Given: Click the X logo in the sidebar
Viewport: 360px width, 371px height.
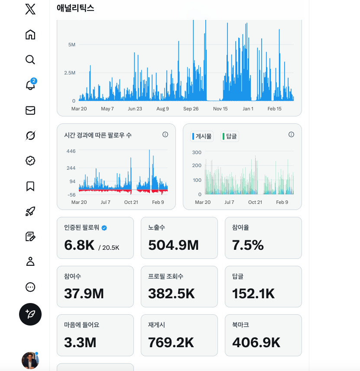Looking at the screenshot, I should tap(30, 10).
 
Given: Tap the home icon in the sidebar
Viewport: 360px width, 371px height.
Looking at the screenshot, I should tap(30, 35).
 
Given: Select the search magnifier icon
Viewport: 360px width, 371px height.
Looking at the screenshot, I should tap(30, 60).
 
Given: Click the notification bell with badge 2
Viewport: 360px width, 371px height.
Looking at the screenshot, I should tap(30, 85).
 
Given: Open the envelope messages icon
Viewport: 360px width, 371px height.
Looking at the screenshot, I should tap(30, 110).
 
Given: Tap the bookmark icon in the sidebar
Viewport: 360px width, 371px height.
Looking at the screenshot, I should tap(30, 186).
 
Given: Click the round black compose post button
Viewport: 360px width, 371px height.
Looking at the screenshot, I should tap(30, 314).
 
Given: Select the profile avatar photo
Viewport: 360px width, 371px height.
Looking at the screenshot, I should tap(30, 360).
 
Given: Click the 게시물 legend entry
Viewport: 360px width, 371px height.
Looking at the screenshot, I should tap(202, 136).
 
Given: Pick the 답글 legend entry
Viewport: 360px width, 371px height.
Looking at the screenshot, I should tap(230, 136).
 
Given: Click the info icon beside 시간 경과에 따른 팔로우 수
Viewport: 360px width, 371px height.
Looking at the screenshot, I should tap(165, 135).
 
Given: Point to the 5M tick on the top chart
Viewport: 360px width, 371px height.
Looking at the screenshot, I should tap(72, 45).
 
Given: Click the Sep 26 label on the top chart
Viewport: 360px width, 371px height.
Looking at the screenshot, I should tap(191, 109).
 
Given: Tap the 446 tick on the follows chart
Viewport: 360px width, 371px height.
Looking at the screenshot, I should tap(71, 151).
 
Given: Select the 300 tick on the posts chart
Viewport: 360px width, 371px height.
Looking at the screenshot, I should tap(197, 152).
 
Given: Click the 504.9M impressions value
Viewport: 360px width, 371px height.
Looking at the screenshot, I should tap(173, 245).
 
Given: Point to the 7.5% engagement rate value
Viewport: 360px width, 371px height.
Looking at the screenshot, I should tap(248, 245).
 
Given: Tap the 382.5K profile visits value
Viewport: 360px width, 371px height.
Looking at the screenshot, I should tap(172, 294).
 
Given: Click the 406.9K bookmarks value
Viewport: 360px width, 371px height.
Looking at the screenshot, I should tap(256, 342).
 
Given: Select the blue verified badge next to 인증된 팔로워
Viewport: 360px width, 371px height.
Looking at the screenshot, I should tap(104, 228).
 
